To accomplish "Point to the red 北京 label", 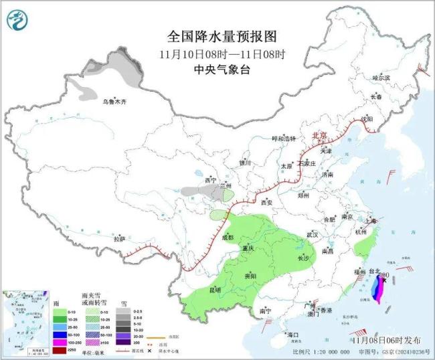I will pos(321,136).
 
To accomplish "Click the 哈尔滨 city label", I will pos(381,78).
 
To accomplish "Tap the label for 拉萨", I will pos(120,238).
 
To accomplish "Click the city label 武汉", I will pos(313,235).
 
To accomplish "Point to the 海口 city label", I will pos(292,334).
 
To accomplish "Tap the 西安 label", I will pos(268,201).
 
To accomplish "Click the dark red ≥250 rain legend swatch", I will pos(61,350).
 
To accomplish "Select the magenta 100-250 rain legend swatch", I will pos(61,341).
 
